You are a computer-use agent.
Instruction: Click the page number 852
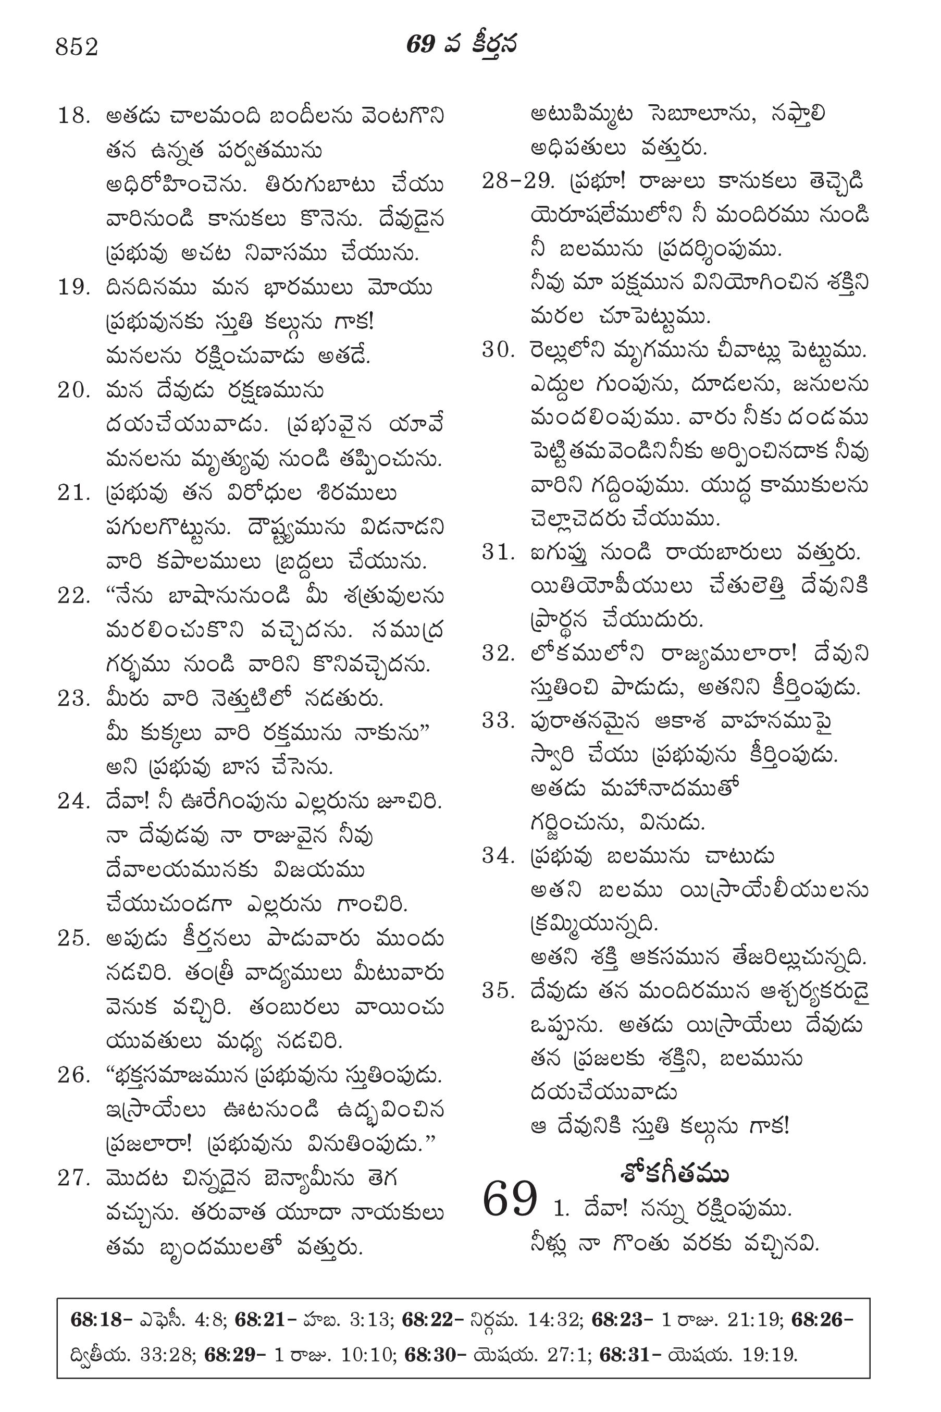77,47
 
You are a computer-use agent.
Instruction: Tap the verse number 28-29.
517,181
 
